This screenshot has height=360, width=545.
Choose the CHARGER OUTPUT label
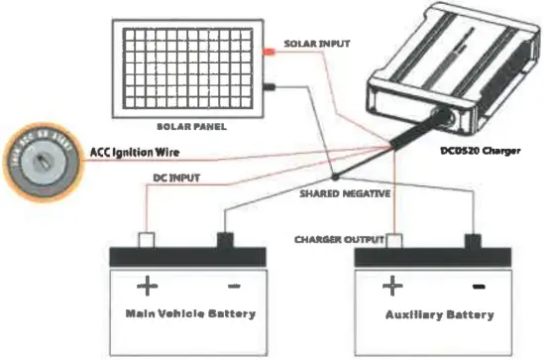point(338,240)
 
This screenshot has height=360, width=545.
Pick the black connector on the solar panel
point(269,87)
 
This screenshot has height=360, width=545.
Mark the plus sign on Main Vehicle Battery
point(147,286)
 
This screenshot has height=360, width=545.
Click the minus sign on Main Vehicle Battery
point(234,286)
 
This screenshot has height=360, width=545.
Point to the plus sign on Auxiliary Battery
point(392,286)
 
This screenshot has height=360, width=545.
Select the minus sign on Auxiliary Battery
point(479,286)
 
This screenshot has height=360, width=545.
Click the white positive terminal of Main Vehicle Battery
point(147,240)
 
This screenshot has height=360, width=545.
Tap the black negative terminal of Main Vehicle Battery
point(224,240)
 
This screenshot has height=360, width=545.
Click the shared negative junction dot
point(335,179)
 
